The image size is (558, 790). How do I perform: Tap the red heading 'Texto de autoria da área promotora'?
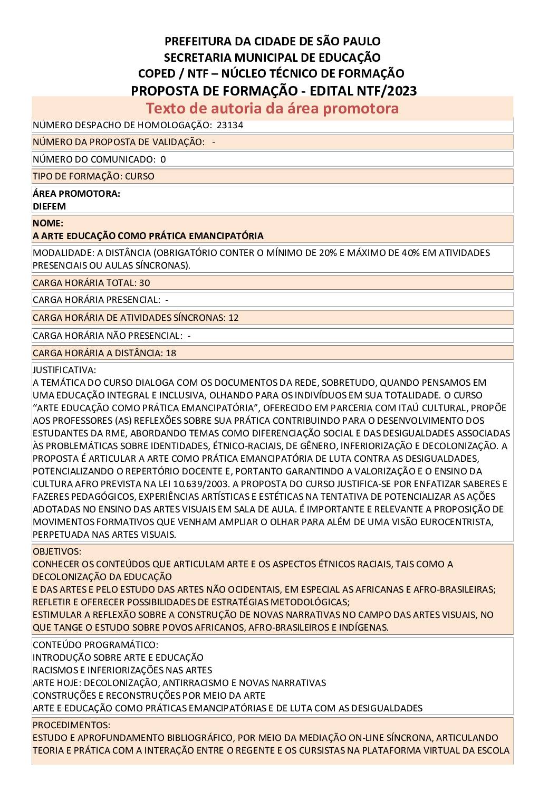point(272,108)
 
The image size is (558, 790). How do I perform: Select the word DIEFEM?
point(49,206)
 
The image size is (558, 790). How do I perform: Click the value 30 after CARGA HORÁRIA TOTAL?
point(145,283)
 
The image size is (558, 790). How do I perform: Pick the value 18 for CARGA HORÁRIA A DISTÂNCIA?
point(171,353)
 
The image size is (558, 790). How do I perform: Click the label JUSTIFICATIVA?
point(64,370)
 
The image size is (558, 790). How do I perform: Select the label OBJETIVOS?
point(57,551)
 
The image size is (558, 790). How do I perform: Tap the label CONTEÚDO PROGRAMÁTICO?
point(95,645)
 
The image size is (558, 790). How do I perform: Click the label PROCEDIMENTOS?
point(71,725)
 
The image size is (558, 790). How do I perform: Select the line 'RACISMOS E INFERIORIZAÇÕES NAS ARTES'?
point(122,670)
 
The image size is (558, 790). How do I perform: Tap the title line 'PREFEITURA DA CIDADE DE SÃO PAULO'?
point(273,41)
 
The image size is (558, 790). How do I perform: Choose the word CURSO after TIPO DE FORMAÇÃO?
point(140,176)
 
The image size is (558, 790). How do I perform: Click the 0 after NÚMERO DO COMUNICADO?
point(163,159)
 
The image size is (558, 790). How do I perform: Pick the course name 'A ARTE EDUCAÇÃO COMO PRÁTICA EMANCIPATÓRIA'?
point(148,236)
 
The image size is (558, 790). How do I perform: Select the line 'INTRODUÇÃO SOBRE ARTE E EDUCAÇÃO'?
point(118,658)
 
